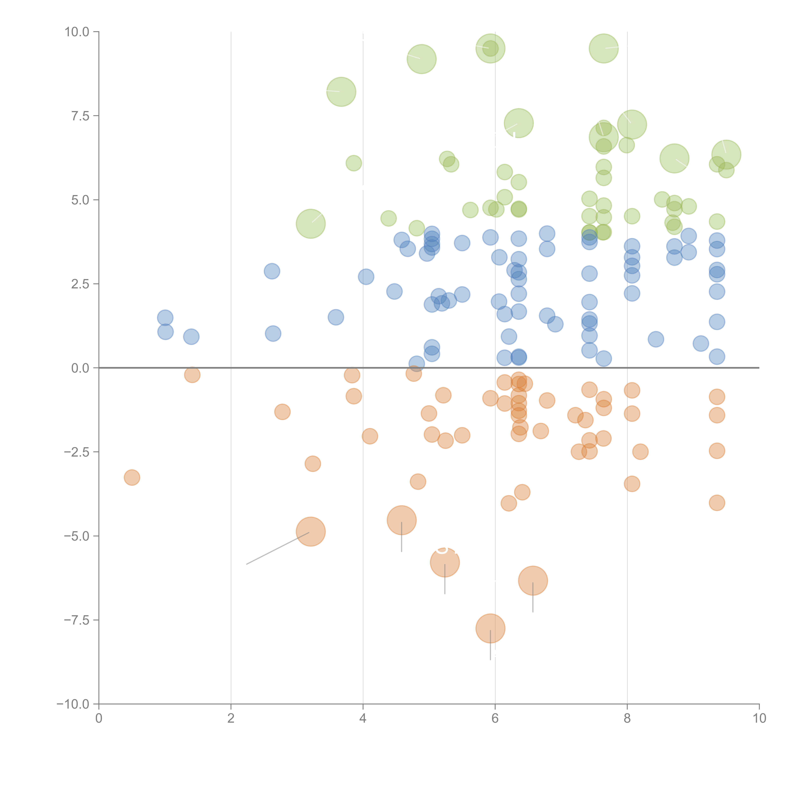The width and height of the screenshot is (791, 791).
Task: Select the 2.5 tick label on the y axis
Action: [80, 284]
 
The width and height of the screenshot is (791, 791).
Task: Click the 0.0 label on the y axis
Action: [80, 368]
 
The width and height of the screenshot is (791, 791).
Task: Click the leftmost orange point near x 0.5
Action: [132, 477]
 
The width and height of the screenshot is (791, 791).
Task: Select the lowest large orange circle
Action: [490, 629]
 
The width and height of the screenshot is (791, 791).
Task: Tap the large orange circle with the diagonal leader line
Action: [311, 532]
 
